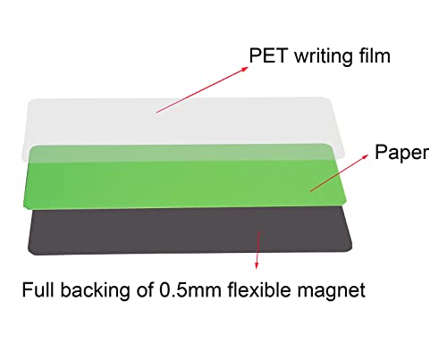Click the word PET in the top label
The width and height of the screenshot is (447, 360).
(x=268, y=55)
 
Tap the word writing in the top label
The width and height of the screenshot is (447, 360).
(x=324, y=57)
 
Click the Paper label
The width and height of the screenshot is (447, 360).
(x=401, y=154)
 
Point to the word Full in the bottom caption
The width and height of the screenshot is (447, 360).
(x=38, y=289)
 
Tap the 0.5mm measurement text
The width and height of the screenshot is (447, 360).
(x=190, y=289)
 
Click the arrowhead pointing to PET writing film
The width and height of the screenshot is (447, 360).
(x=244, y=69)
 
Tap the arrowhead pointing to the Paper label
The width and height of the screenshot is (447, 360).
(x=365, y=157)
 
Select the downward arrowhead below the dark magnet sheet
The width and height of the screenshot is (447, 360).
(x=257, y=265)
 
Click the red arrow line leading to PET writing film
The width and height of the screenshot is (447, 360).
(x=202, y=89)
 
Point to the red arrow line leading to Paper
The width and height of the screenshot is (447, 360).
(x=339, y=173)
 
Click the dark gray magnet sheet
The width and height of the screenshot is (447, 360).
(x=190, y=230)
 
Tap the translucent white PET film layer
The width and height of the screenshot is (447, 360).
(x=185, y=122)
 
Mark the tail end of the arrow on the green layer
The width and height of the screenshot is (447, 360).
(x=310, y=191)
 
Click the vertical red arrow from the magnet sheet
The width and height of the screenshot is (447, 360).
(x=257, y=250)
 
